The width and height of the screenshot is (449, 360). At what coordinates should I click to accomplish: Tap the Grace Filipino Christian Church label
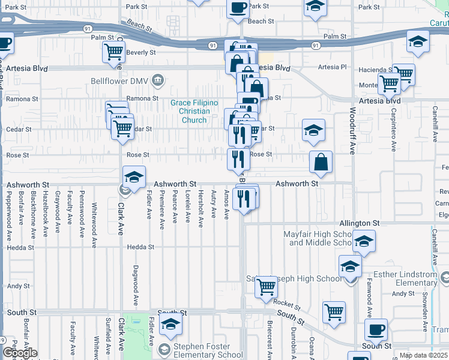coord(190,111)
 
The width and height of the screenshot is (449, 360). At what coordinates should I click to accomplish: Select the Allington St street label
coord(360,223)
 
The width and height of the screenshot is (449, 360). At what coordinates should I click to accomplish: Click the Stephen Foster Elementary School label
coord(201,351)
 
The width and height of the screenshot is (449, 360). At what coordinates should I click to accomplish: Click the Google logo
coord(20,353)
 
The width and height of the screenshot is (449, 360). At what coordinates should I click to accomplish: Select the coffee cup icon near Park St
coord(238,8)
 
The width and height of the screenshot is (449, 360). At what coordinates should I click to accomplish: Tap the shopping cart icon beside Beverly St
coord(113,52)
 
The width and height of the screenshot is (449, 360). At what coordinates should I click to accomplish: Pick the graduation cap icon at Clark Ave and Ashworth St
coord(134,177)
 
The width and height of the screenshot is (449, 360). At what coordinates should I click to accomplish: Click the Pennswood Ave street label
coord(82,209)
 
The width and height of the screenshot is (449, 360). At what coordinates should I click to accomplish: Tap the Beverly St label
coord(141,53)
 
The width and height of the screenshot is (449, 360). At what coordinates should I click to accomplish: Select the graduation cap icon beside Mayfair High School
coord(363,242)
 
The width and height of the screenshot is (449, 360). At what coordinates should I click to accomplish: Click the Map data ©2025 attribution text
coord(423,355)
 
